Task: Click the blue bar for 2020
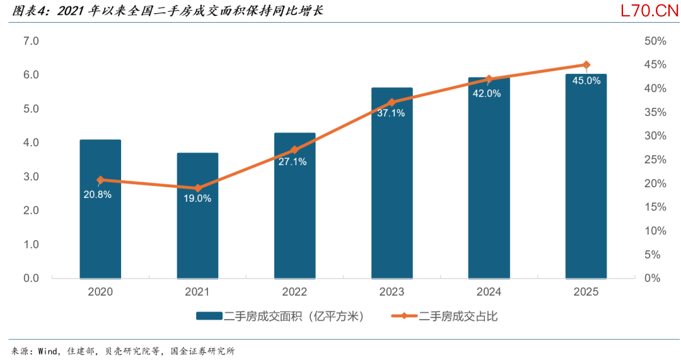100,209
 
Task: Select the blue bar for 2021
197,216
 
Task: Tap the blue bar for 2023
392,183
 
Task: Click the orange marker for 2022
294,150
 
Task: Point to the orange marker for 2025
586,65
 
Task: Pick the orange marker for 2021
197,188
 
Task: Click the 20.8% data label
98,195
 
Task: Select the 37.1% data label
391,113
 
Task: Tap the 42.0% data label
487,93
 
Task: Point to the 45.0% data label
586,81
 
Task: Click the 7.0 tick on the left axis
32,41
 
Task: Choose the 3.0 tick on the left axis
32,177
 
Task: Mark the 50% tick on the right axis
655,41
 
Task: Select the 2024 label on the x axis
489,292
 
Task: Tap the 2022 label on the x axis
294,292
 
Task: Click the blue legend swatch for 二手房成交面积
209,316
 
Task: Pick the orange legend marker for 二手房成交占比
404,316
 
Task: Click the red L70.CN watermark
649,11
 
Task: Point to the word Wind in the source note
47,351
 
